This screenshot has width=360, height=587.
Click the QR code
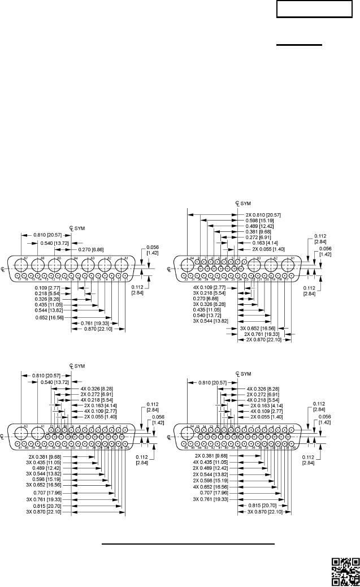345,572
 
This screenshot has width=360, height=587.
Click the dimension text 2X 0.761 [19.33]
263,334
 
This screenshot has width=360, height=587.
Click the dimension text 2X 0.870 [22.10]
263,340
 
